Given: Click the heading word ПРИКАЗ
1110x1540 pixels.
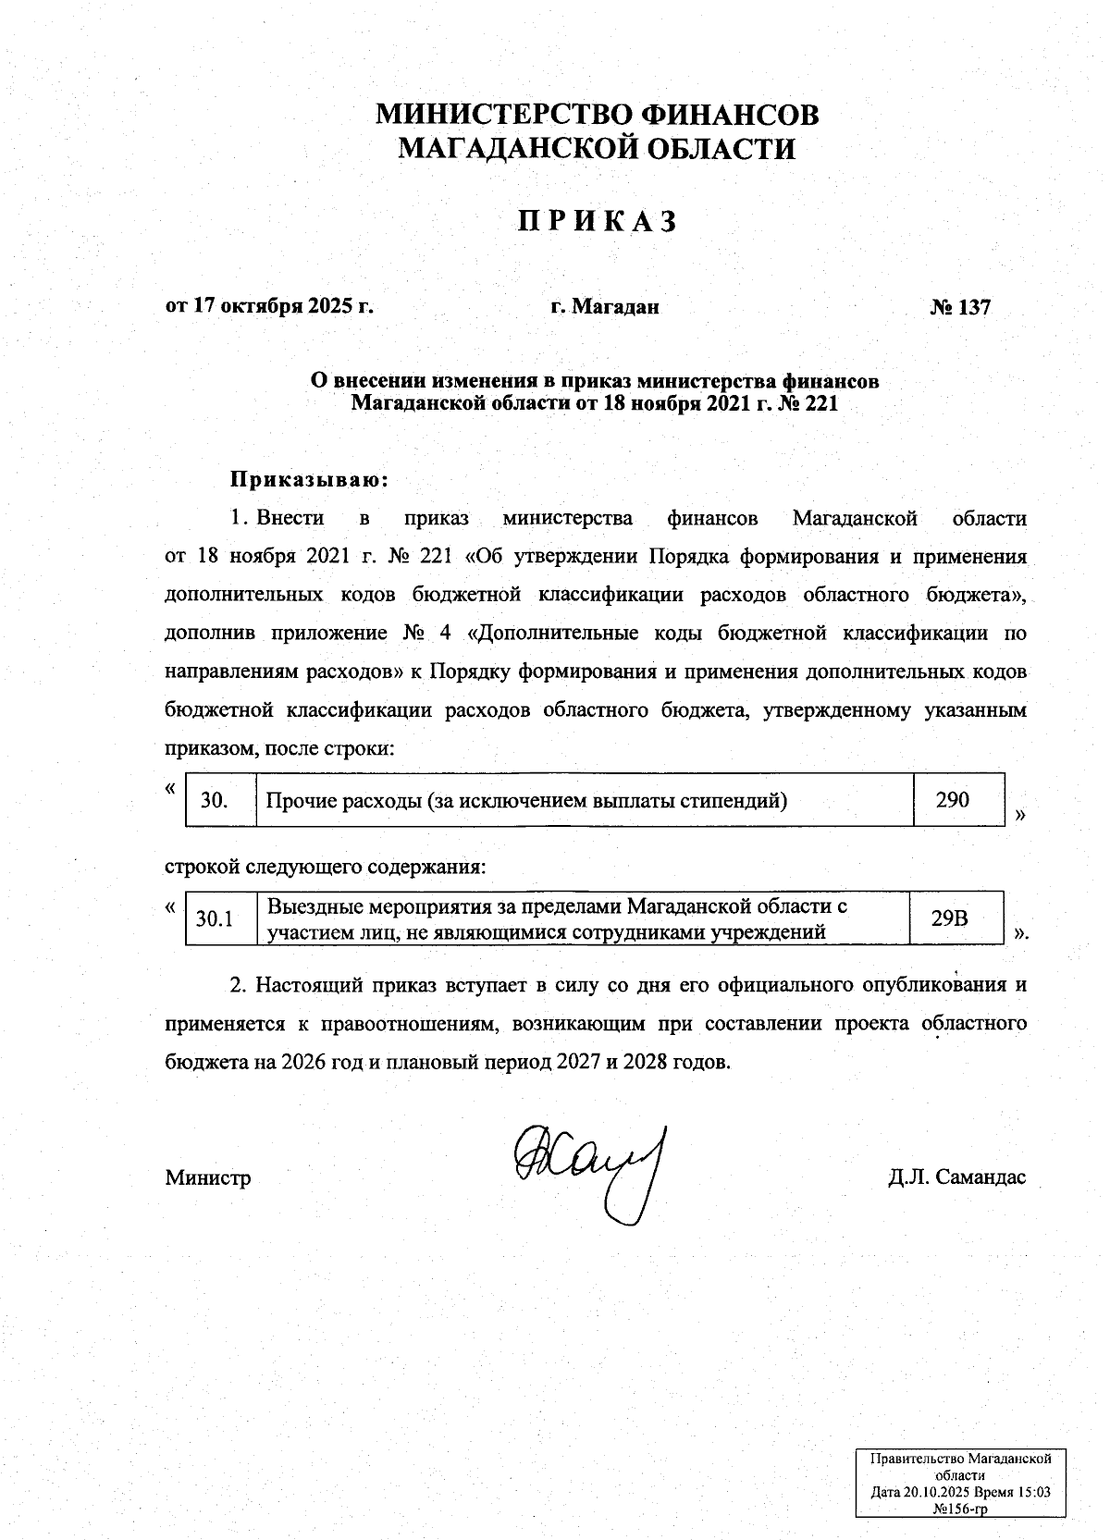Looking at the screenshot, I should click(x=597, y=222).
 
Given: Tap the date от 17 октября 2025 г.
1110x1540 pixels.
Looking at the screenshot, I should click(x=269, y=306).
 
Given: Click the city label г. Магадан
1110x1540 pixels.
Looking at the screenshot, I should click(x=604, y=307).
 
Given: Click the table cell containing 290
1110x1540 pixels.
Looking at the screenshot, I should click(x=952, y=799).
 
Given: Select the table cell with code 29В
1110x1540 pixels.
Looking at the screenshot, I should click(x=950, y=918).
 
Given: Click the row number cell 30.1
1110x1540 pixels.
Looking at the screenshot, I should click(x=214, y=918).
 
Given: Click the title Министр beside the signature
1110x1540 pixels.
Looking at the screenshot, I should click(x=208, y=1178).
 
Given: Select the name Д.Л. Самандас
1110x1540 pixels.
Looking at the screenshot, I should click(x=956, y=1178).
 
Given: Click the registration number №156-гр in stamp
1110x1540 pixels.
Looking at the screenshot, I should click(x=960, y=1509).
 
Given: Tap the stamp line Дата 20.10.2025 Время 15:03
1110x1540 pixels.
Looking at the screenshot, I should click(x=960, y=1494).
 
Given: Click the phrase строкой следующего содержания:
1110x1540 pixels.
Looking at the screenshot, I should click(x=325, y=869).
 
